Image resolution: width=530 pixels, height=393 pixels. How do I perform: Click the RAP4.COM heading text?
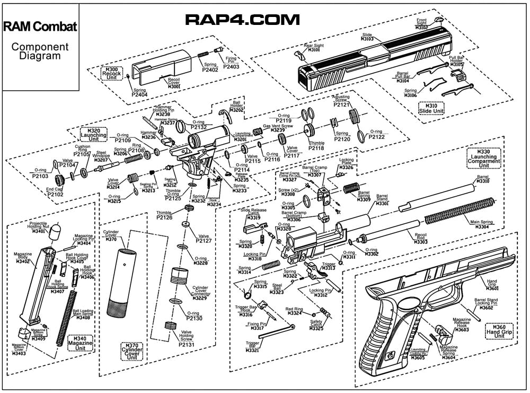(242, 20)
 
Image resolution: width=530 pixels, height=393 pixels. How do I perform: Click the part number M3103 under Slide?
(367, 39)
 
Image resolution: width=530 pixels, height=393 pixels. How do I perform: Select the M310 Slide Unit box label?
(431, 108)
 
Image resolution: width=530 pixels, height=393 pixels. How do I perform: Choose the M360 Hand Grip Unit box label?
(499, 331)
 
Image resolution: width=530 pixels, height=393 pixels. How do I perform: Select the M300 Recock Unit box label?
(113, 73)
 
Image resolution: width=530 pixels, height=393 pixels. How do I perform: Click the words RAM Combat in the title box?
(40, 27)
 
